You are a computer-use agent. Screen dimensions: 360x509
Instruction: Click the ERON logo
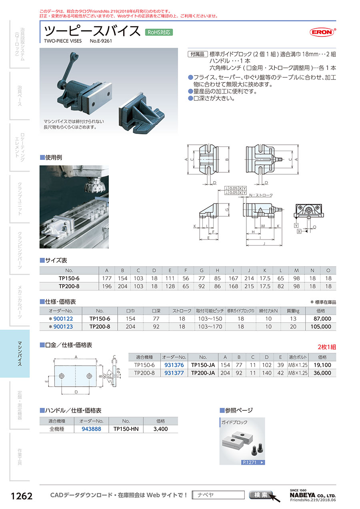click(322, 32)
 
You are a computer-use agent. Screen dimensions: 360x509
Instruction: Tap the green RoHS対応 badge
click(159, 32)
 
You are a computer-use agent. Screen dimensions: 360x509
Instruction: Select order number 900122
click(63, 319)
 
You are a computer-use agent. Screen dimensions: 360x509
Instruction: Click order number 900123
click(63, 327)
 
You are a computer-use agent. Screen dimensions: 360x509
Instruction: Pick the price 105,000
click(321, 327)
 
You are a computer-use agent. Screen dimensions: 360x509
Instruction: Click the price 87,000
click(322, 319)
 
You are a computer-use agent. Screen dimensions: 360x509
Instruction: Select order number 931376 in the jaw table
click(174, 365)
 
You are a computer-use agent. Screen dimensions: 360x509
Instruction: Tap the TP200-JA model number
click(203, 373)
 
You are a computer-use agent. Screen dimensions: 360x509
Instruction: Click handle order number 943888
click(91, 429)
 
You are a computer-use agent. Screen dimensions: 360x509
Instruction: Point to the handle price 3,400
click(160, 429)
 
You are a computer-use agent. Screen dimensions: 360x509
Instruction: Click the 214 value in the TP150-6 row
click(249, 278)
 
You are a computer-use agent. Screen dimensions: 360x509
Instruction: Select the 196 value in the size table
click(107, 286)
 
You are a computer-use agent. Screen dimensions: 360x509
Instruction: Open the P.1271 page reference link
click(253, 462)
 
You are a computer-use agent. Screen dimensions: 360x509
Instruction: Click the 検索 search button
click(261, 495)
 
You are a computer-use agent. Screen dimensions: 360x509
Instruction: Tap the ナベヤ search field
click(218, 495)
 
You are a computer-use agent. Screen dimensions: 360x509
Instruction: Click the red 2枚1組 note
click(326, 347)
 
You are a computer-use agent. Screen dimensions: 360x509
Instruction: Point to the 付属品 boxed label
click(198, 54)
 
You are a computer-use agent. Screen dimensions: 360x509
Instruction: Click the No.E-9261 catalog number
click(101, 41)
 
